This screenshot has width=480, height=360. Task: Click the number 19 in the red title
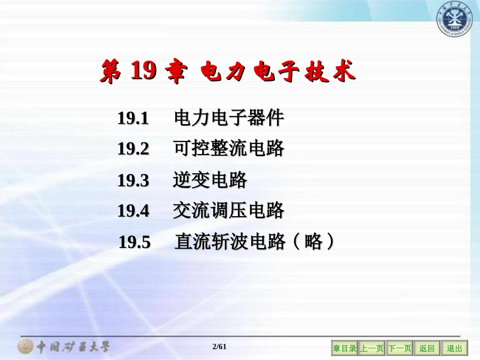(x=143, y=72)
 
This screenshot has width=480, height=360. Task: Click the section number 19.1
(x=133, y=119)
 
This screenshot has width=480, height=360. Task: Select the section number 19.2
(x=133, y=149)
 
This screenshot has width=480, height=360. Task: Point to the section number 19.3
(x=133, y=180)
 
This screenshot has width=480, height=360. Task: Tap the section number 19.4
(x=133, y=211)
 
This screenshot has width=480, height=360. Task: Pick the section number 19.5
(x=134, y=242)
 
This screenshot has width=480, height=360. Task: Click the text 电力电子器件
(x=229, y=119)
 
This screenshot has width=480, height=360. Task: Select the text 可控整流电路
(x=229, y=149)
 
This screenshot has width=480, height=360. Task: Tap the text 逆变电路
(x=210, y=180)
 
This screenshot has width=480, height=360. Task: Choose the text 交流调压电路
(x=229, y=211)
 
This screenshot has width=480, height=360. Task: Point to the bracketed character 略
(x=314, y=242)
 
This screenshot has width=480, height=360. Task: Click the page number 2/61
(x=220, y=346)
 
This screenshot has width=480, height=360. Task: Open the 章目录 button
(x=345, y=348)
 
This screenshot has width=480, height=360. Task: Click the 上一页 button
(x=372, y=348)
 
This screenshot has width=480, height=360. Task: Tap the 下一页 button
(x=400, y=348)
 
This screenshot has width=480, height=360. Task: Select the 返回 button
(x=427, y=348)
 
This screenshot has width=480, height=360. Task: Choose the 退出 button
(x=454, y=348)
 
